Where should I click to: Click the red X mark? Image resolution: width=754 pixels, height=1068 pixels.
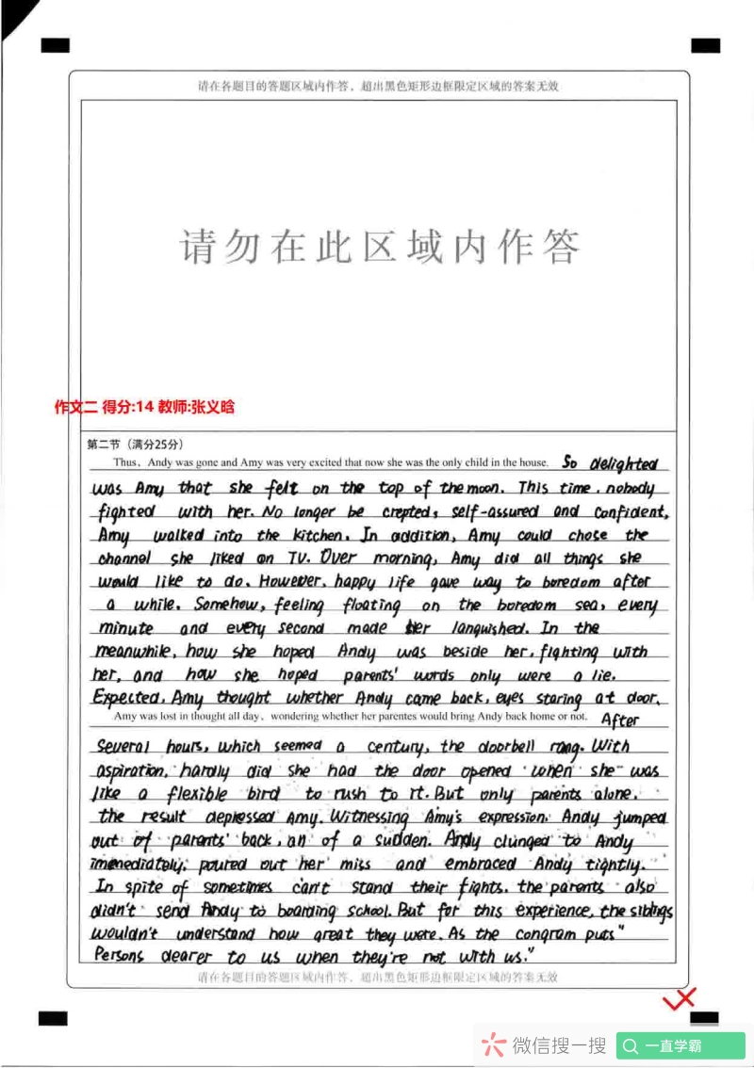click(679, 998)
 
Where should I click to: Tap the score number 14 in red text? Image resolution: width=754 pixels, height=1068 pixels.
click(144, 407)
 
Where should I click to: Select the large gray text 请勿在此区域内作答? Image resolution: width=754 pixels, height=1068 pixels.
click(379, 247)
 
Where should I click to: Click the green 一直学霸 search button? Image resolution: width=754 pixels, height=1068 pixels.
click(680, 1045)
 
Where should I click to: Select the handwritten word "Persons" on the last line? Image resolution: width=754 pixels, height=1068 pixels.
click(120, 957)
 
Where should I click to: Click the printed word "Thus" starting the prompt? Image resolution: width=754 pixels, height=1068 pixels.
click(125, 463)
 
